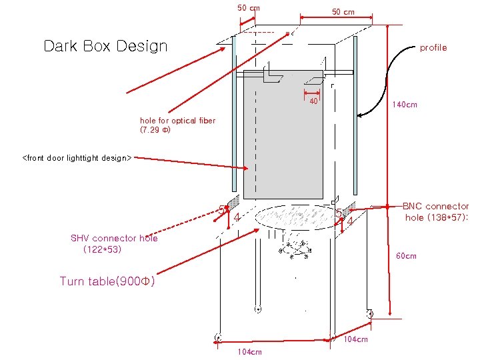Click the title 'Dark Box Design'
tap(105, 46)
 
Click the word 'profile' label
tap(433, 48)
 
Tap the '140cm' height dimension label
tap(404, 105)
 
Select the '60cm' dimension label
tap(406, 256)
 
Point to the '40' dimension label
tap(313, 102)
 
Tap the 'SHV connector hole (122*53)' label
tap(114, 243)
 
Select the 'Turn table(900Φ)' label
tap(107, 281)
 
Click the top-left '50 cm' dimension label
tap(249, 8)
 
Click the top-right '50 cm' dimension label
tap(343, 12)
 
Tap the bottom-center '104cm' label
tap(249, 352)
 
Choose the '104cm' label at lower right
tap(355, 340)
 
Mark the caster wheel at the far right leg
tap(369, 313)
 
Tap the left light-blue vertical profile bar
tap(234, 113)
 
